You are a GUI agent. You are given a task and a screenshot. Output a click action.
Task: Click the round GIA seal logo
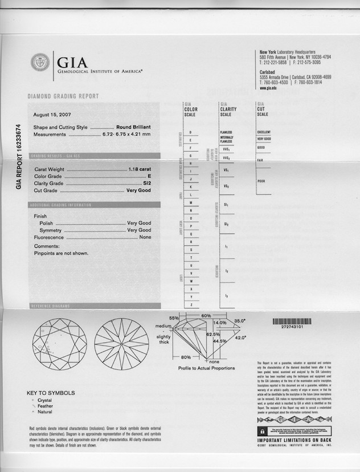click(x=40, y=62)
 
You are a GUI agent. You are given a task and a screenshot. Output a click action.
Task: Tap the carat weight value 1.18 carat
click(x=140, y=170)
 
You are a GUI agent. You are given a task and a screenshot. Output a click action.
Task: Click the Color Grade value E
click(x=149, y=177)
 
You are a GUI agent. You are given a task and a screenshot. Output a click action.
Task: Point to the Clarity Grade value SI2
click(x=146, y=184)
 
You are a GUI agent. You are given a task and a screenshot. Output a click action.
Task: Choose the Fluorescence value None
click(x=145, y=237)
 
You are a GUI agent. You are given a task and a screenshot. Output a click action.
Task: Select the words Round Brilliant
click(x=133, y=128)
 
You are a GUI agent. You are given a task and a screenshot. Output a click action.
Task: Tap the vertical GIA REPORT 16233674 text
click(x=18, y=157)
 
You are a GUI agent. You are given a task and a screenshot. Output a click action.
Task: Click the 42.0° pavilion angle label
click(x=240, y=337)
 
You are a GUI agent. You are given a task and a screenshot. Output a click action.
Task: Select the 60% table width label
click(x=206, y=315)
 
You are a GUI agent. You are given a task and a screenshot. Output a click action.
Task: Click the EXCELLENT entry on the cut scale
click(x=263, y=132)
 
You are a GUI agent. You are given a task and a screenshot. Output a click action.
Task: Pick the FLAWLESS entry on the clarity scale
click(x=226, y=132)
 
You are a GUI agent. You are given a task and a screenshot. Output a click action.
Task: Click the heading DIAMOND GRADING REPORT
click(x=63, y=96)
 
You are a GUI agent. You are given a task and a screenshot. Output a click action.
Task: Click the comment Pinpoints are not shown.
click(x=61, y=253)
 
